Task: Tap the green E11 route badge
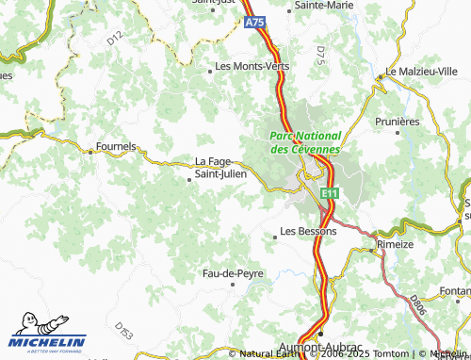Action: click(328, 193)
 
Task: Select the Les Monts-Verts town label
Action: click(252, 67)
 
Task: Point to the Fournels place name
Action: click(116, 148)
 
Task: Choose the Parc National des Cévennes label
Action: click(305, 142)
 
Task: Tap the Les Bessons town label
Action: click(308, 232)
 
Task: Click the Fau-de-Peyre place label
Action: click(234, 273)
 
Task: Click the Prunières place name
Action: click(398, 122)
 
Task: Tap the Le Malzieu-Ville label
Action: click(422, 72)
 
